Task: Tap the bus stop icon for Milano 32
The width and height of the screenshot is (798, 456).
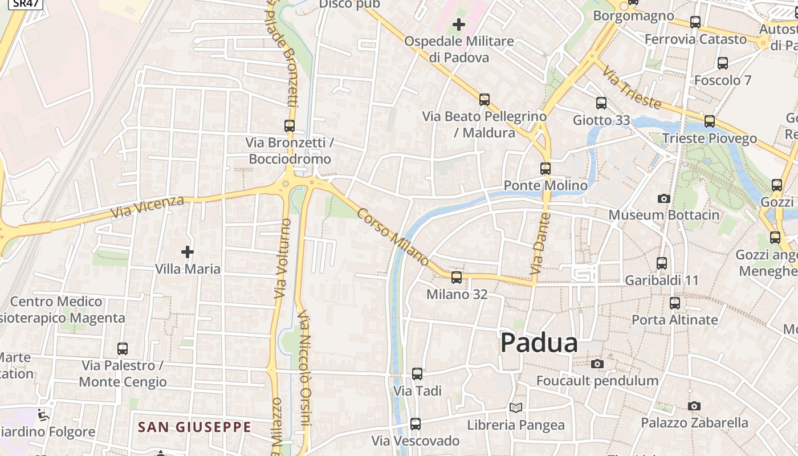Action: click(457, 278)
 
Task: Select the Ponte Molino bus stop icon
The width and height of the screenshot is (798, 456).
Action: click(545, 169)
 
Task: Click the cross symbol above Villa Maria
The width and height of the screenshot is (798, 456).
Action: click(188, 251)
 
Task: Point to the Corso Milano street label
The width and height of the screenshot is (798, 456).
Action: click(393, 237)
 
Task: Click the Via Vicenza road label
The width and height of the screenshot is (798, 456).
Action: click(147, 207)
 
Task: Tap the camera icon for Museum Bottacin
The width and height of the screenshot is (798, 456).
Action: click(663, 198)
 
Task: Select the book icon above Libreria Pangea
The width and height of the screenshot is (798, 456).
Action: click(515, 408)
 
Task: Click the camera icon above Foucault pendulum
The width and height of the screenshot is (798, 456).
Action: click(597, 364)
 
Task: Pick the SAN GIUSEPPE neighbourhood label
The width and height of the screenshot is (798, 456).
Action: click(194, 427)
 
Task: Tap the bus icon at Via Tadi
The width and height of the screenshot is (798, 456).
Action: click(417, 374)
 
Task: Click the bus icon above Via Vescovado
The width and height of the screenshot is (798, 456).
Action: click(416, 424)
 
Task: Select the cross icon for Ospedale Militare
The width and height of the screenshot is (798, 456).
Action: click(458, 25)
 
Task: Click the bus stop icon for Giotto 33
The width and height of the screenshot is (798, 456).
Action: click(601, 103)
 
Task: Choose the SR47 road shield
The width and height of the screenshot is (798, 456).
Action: click(26, 3)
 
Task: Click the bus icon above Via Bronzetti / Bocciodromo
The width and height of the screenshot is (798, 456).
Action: click(290, 126)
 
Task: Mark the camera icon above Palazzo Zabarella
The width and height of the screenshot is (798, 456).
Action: click(694, 406)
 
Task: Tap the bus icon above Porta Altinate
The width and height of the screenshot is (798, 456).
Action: click(675, 303)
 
